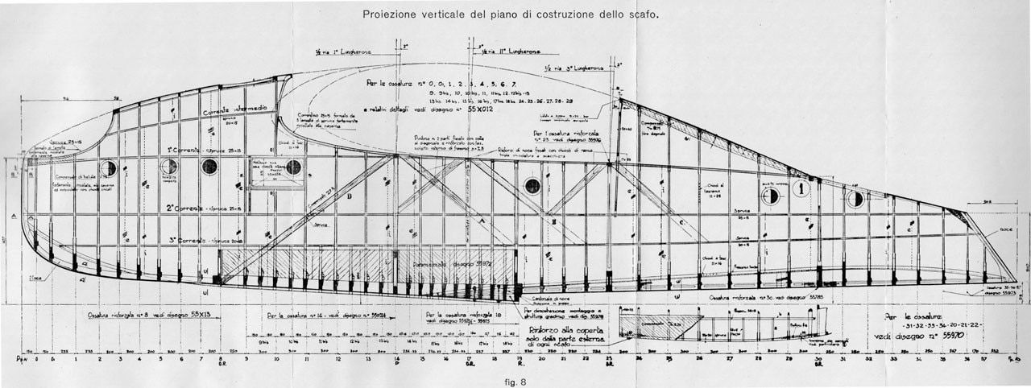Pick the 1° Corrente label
click(x=184, y=151)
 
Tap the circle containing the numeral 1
click(x=800, y=188)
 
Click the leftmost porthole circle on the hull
click(x=108, y=168)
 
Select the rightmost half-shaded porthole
click(x=856, y=199)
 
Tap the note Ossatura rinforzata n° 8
click(x=138, y=316)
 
